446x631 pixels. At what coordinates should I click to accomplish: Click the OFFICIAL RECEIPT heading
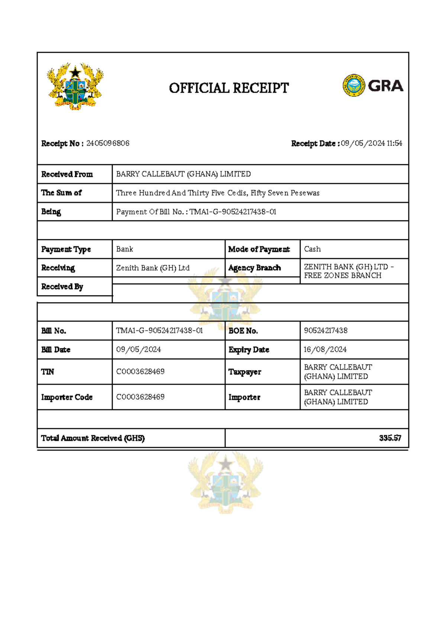(229, 88)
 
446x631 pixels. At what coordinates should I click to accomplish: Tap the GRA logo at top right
(373, 85)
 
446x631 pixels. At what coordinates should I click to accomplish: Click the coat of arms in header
(75, 86)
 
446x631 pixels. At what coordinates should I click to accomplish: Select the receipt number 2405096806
(108, 143)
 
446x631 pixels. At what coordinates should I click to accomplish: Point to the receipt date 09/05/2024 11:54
(371, 143)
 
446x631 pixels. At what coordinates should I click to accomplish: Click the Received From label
(67, 174)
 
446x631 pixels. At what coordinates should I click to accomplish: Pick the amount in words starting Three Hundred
(217, 193)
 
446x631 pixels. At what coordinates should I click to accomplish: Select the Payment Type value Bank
(125, 249)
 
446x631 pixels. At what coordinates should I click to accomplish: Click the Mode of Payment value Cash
(312, 249)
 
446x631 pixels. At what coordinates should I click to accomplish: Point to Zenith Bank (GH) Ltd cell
(153, 268)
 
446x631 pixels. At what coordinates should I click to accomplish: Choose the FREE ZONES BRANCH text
(342, 276)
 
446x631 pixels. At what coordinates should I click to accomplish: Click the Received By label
(62, 287)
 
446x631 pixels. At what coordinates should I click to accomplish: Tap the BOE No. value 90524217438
(326, 331)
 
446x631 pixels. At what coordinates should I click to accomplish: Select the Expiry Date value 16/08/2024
(325, 350)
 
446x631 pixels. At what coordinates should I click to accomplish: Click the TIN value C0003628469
(140, 372)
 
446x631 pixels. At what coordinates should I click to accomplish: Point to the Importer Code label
(67, 397)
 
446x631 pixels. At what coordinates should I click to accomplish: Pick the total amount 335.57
(390, 438)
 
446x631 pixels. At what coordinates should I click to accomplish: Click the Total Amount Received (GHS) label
(93, 438)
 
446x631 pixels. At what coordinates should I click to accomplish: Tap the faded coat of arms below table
(226, 482)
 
